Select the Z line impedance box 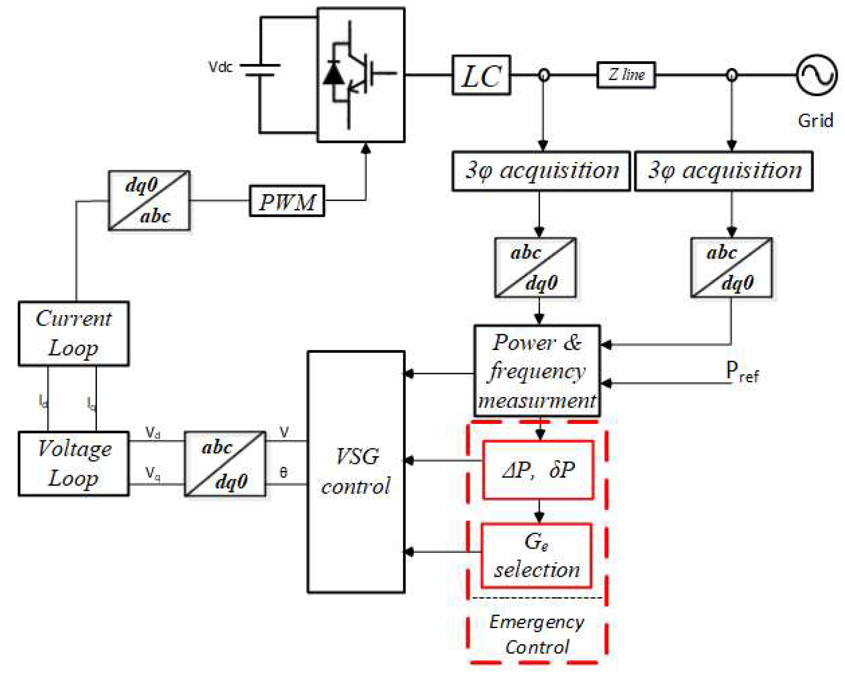(625, 75)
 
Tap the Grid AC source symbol (816, 75)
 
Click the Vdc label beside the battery (220, 67)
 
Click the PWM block (287, 201)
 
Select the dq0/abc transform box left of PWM (149, 200)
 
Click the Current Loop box (74, 334)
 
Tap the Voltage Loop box (74, 464)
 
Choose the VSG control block (356, 471)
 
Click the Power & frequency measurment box (537, 371)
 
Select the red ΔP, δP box (538, 469)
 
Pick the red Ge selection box (536, 556)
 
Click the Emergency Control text (536, 634)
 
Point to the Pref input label (741, 371)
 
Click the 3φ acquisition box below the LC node (541, 171)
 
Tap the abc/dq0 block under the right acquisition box (731, 267)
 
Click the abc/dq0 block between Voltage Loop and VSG (225, 464)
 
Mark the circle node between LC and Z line (543, 75)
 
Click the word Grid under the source (815, 120)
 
